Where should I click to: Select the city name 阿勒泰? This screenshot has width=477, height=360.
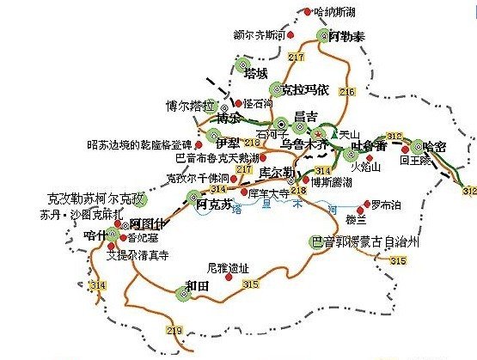tap(346, 38)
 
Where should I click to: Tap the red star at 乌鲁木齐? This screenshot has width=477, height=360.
tap(316, 135)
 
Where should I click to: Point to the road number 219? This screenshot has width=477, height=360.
tap(177, 332)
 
